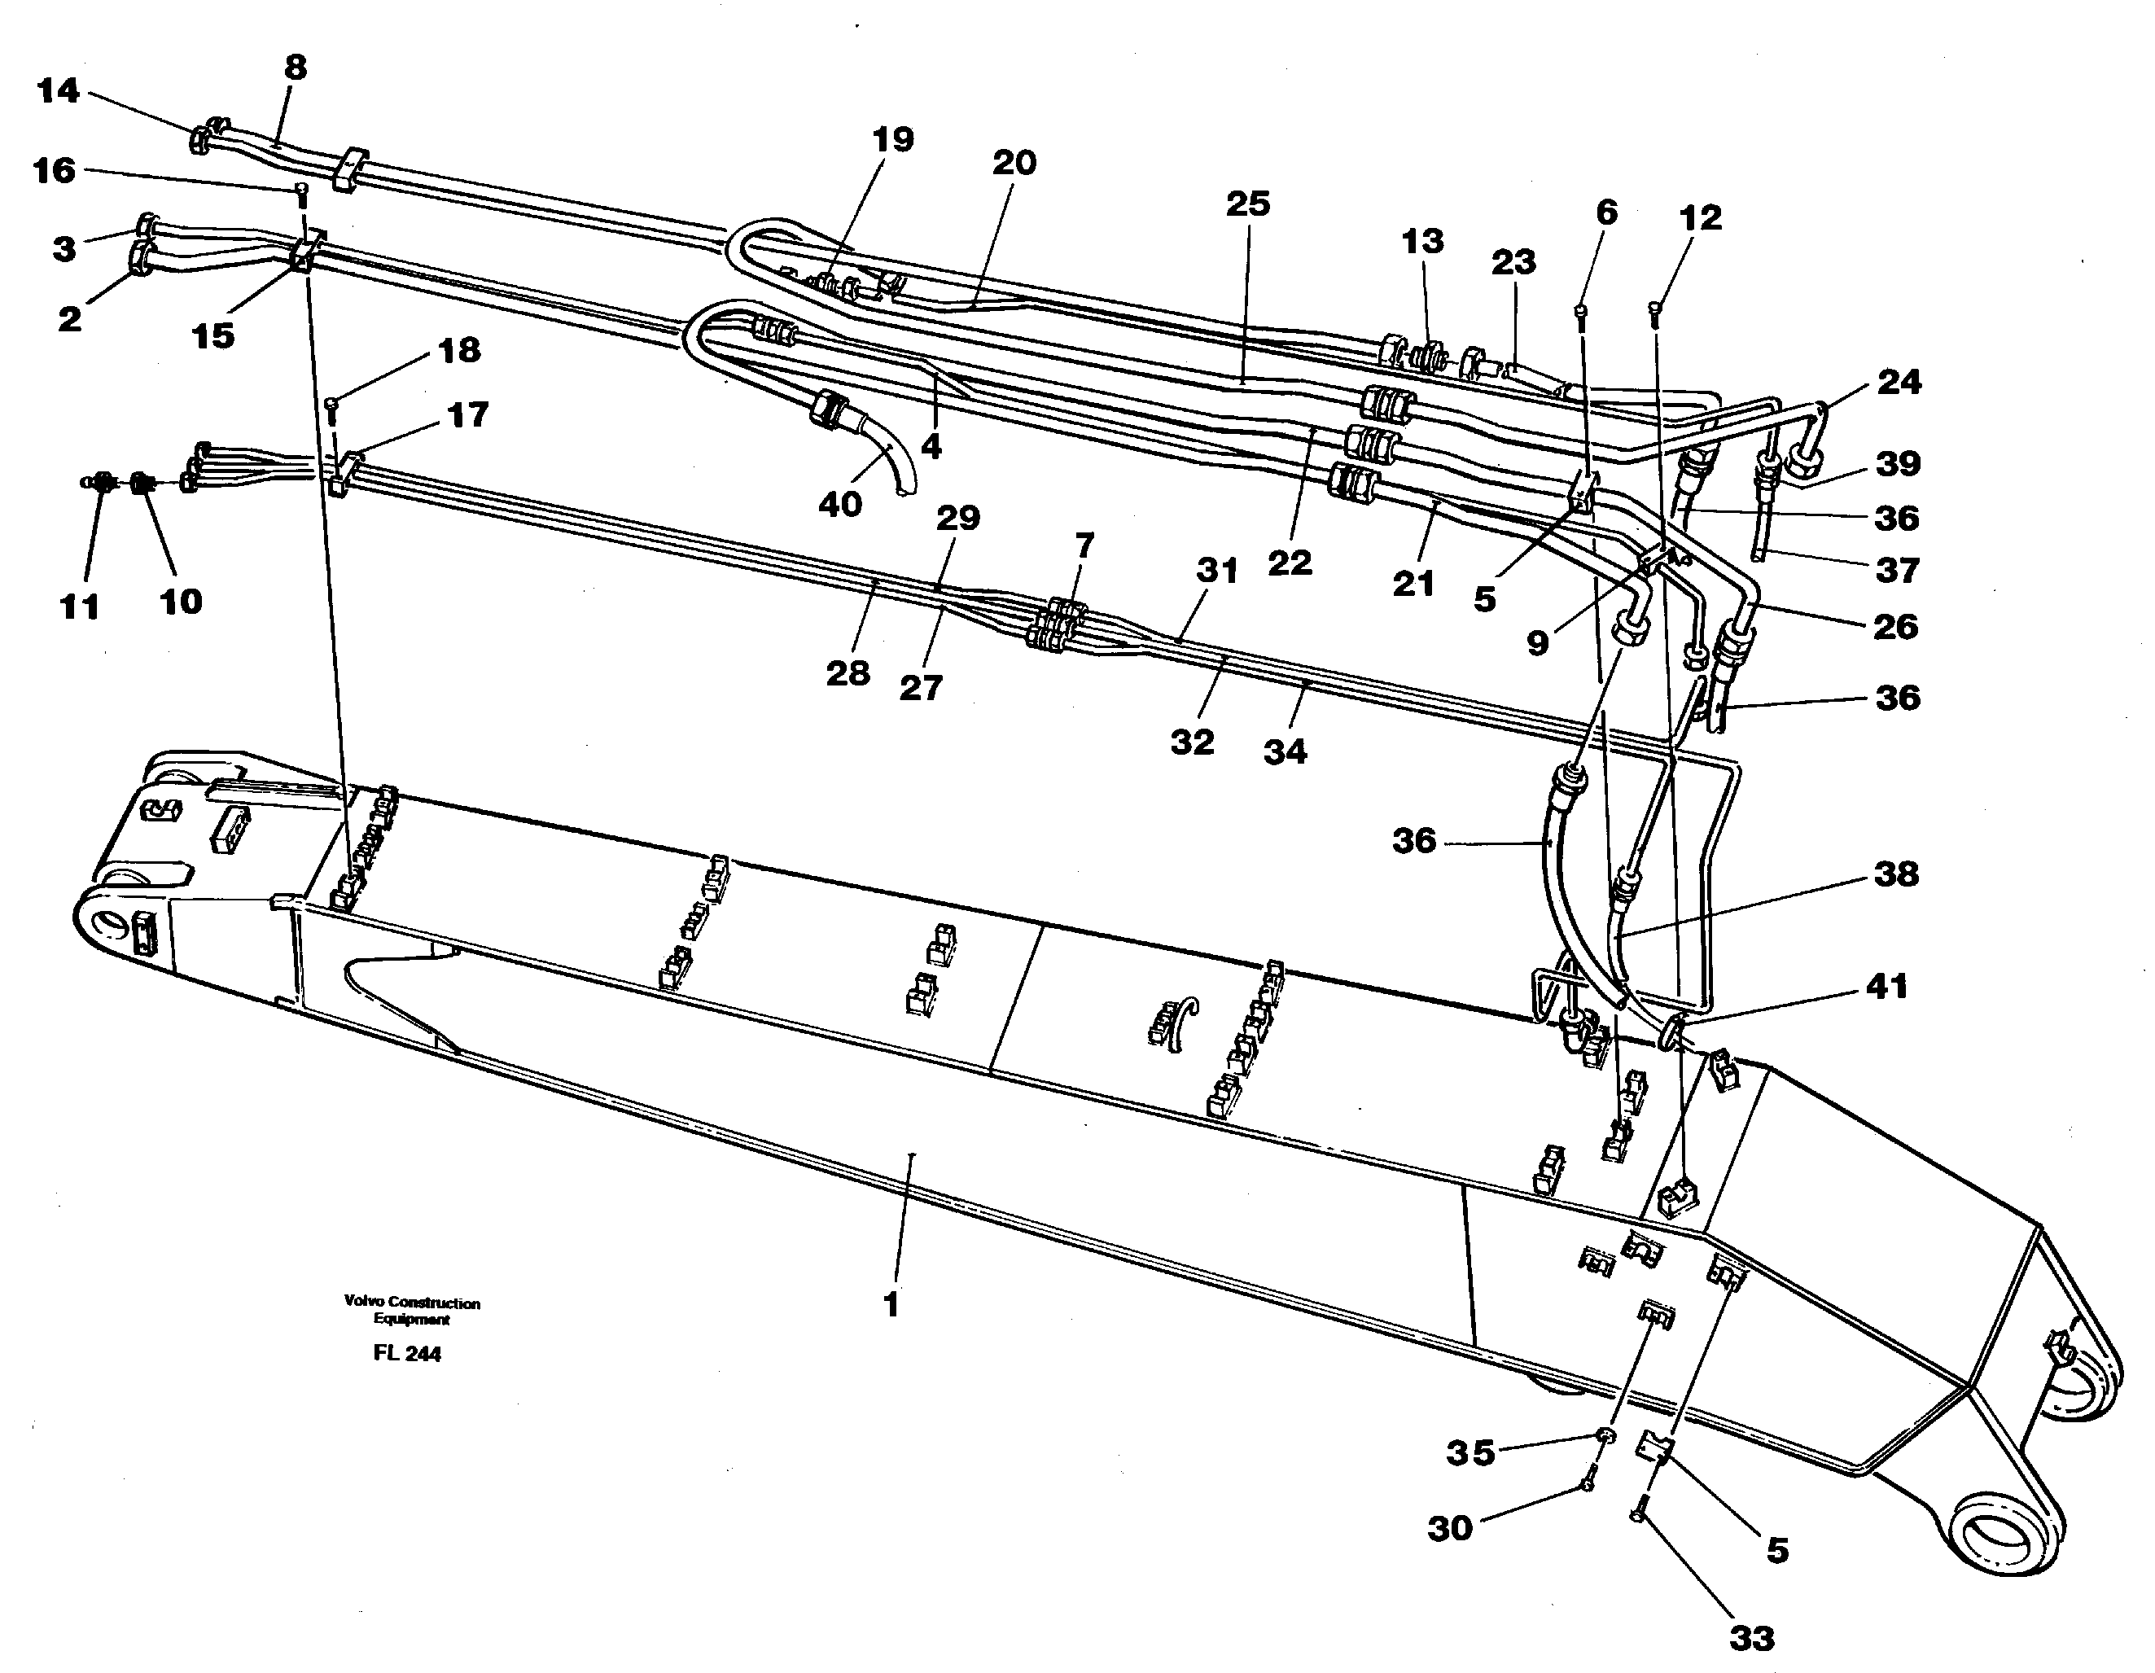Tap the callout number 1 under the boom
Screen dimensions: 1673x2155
891,1305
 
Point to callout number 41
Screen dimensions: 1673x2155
1886,985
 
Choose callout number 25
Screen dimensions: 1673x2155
1248,204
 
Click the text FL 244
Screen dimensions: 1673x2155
406,1353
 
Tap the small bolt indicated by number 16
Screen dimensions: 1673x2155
303,191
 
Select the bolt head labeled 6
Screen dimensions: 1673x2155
1582,312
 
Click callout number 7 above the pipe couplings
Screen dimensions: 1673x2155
1084,545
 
